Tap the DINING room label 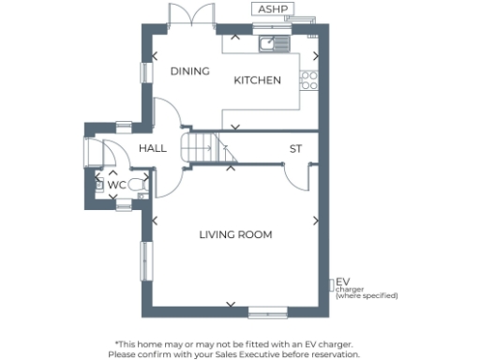(188, 70)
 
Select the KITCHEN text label (257, 81)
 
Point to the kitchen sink (273, 43)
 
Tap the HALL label (153, 148)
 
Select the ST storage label (295, 149)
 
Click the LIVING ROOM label (235, 234)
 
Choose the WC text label (115, 186)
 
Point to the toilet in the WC (136, 185)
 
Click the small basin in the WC (98, 185)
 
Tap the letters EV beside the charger (343, 281)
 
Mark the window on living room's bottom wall (268, 310)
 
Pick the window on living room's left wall (146, 260)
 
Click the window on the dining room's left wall (146, 70)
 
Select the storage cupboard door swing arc (298, 176)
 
